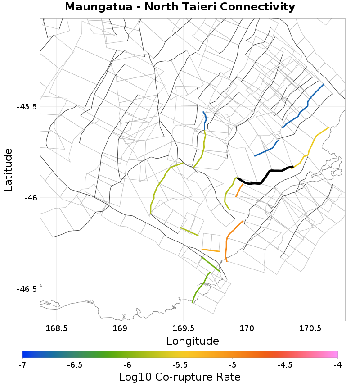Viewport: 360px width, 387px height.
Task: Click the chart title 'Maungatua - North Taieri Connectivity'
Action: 180,7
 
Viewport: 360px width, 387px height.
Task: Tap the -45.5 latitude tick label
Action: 27,107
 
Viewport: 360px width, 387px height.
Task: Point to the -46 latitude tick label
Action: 30,198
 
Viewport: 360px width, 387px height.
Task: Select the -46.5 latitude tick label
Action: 27,289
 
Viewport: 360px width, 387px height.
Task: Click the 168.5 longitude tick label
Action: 57,328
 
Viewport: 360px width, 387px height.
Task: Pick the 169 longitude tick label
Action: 120,328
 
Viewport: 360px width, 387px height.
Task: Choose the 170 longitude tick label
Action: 247,328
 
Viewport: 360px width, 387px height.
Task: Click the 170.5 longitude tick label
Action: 310,328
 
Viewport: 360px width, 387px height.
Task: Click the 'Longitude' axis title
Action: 193,341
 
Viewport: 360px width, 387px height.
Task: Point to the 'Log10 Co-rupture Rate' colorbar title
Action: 180,377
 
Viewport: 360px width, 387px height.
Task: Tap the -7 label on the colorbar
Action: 22,364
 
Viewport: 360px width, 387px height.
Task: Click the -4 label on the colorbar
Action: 337,364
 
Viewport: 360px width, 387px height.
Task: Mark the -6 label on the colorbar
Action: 127,364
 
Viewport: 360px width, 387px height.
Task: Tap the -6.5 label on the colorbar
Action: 75,364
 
